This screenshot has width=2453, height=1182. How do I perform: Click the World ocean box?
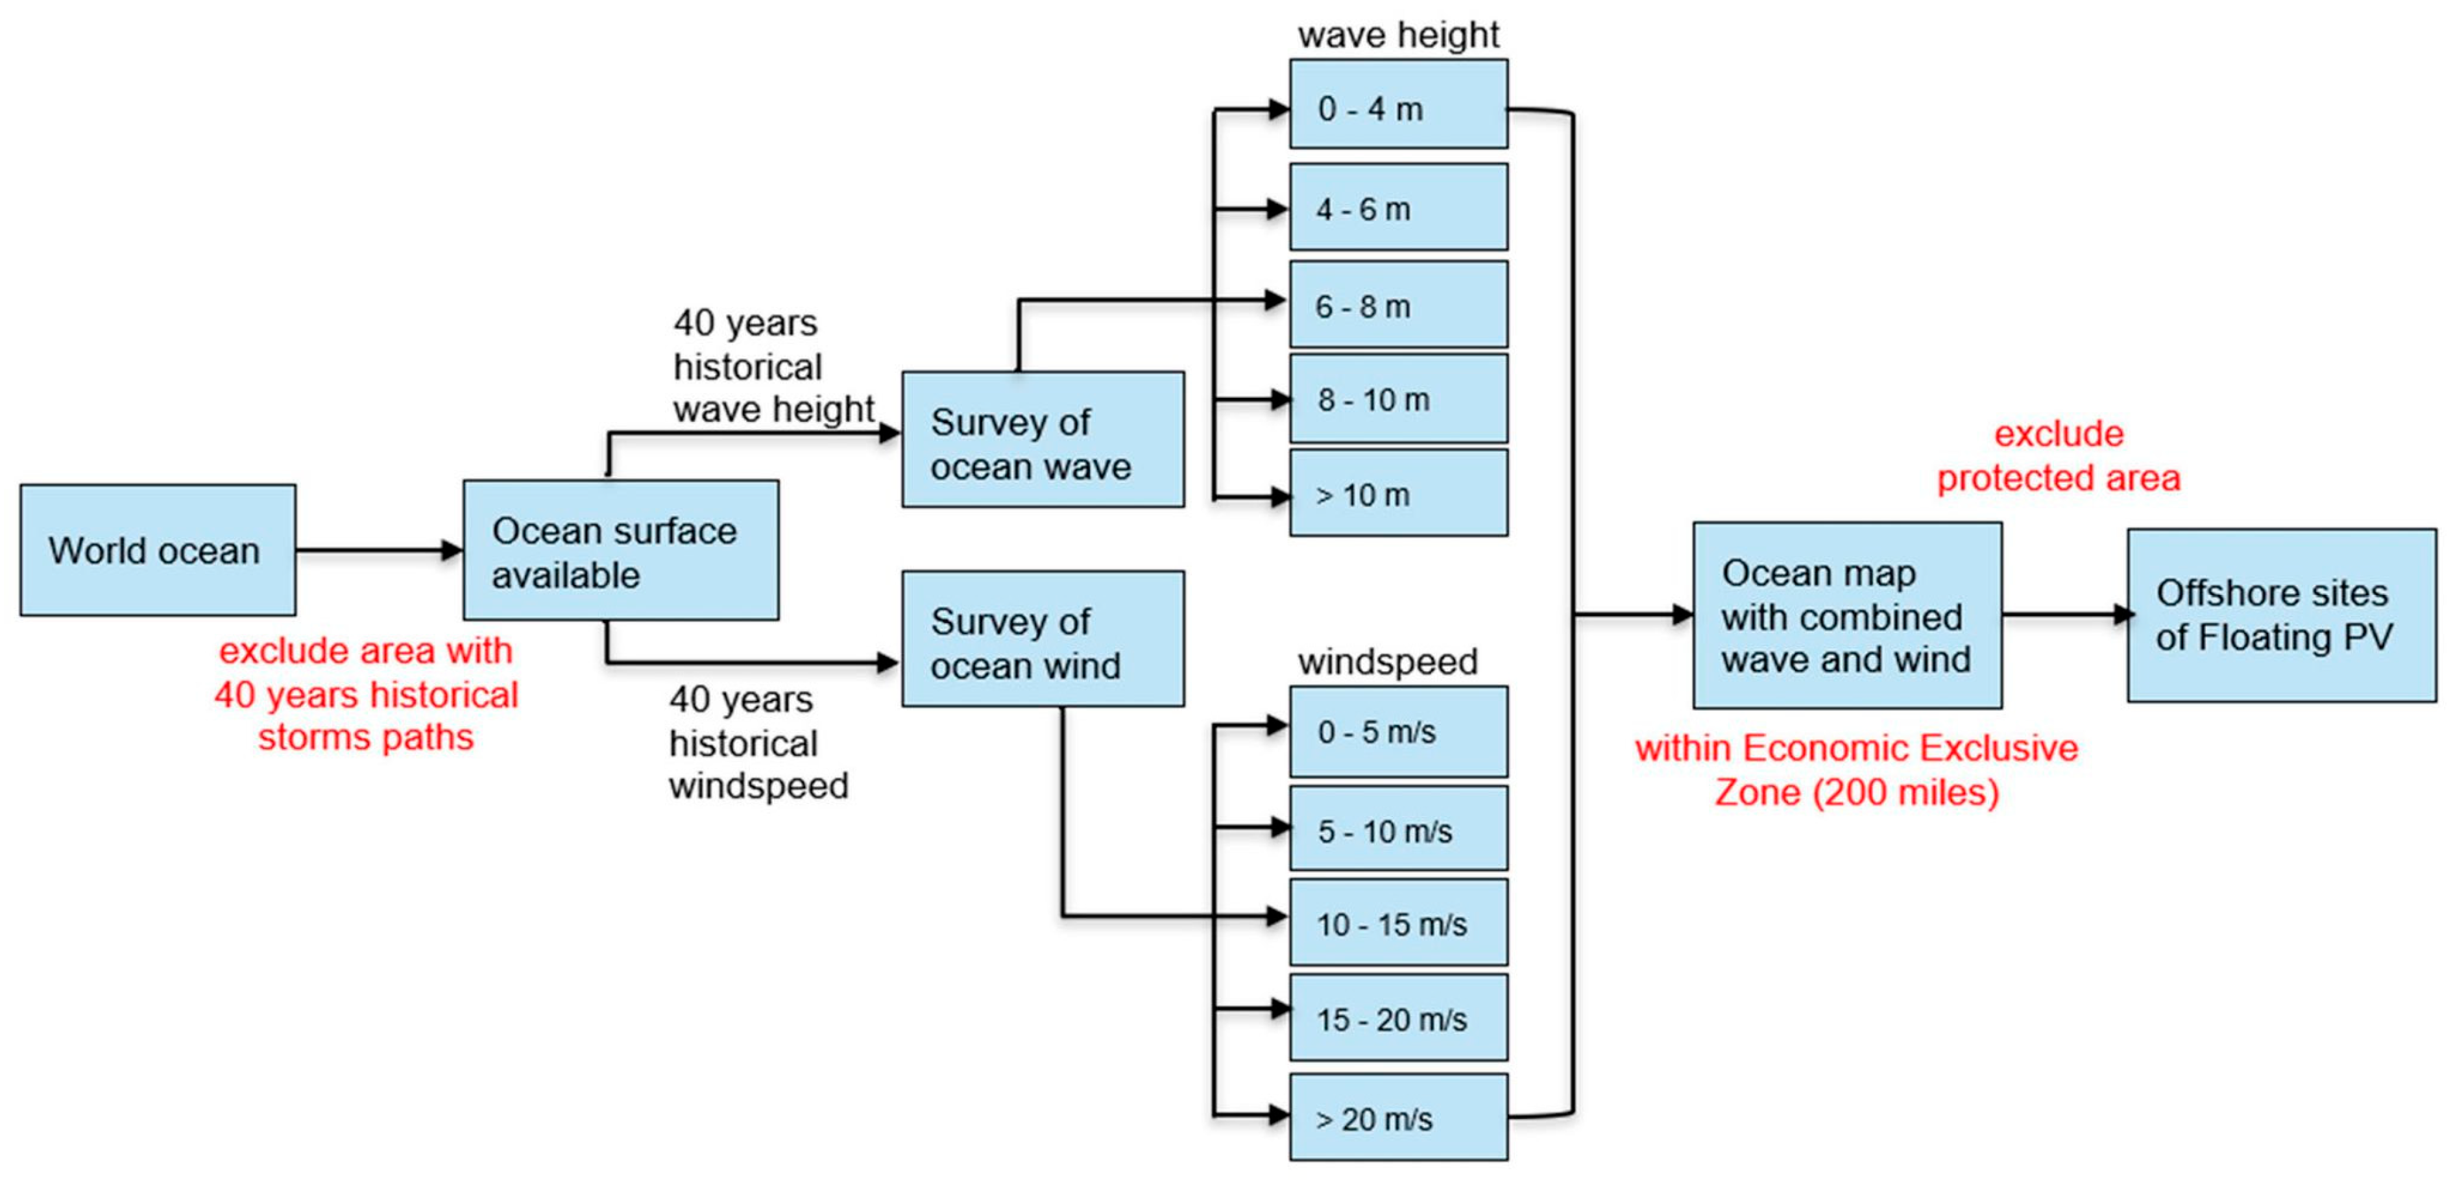coord(157,550)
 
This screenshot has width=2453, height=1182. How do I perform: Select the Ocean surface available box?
coord(620,550)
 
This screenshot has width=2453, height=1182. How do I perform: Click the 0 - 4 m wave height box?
coord(1398,104)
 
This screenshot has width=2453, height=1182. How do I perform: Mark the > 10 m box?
coord(1398,493)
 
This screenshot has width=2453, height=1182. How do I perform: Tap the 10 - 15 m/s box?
coord(1398,922)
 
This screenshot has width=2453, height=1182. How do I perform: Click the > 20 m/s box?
coord(1398,1116)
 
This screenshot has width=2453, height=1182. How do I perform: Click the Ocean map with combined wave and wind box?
coord(1846,615)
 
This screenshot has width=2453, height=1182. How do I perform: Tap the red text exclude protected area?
coord(2059,455)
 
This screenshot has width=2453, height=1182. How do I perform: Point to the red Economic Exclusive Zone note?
coord(1856,770)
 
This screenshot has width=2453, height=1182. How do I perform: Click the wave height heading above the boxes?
coord(1398,34)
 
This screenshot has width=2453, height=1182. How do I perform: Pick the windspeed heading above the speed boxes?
coord(1388,661)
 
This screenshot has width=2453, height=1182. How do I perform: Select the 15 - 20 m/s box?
coord(1398,1017)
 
